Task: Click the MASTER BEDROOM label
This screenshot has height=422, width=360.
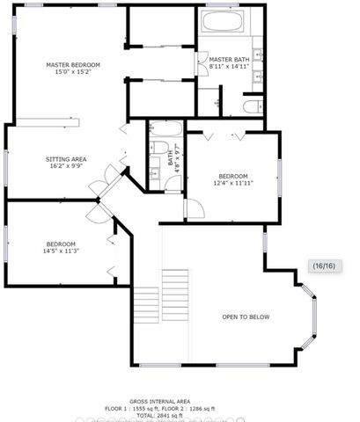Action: pyautogui.click(x=72, y=64)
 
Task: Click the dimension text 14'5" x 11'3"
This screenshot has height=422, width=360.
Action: pyautogui.click(x=61, y=251)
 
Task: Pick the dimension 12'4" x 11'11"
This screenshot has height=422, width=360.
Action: pyautogui.click(x=233, y=183)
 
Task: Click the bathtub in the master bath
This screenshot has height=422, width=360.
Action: pyautogui.click(x=226, y=22)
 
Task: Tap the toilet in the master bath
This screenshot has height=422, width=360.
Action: pyautogui.click(x=250, y=107)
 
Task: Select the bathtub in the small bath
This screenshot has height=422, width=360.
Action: pyautogui.click(x=164, y=129)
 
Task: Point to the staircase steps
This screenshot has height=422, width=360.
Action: pyautogui.click(x=174, y=299)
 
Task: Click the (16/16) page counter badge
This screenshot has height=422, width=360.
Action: pyautogui.click(x=323, y=266)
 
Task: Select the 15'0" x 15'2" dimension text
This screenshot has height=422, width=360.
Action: pyautogui.click(x=72, y=73)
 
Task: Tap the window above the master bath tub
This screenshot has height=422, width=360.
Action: pyautogui.click(x=227, y=7)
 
